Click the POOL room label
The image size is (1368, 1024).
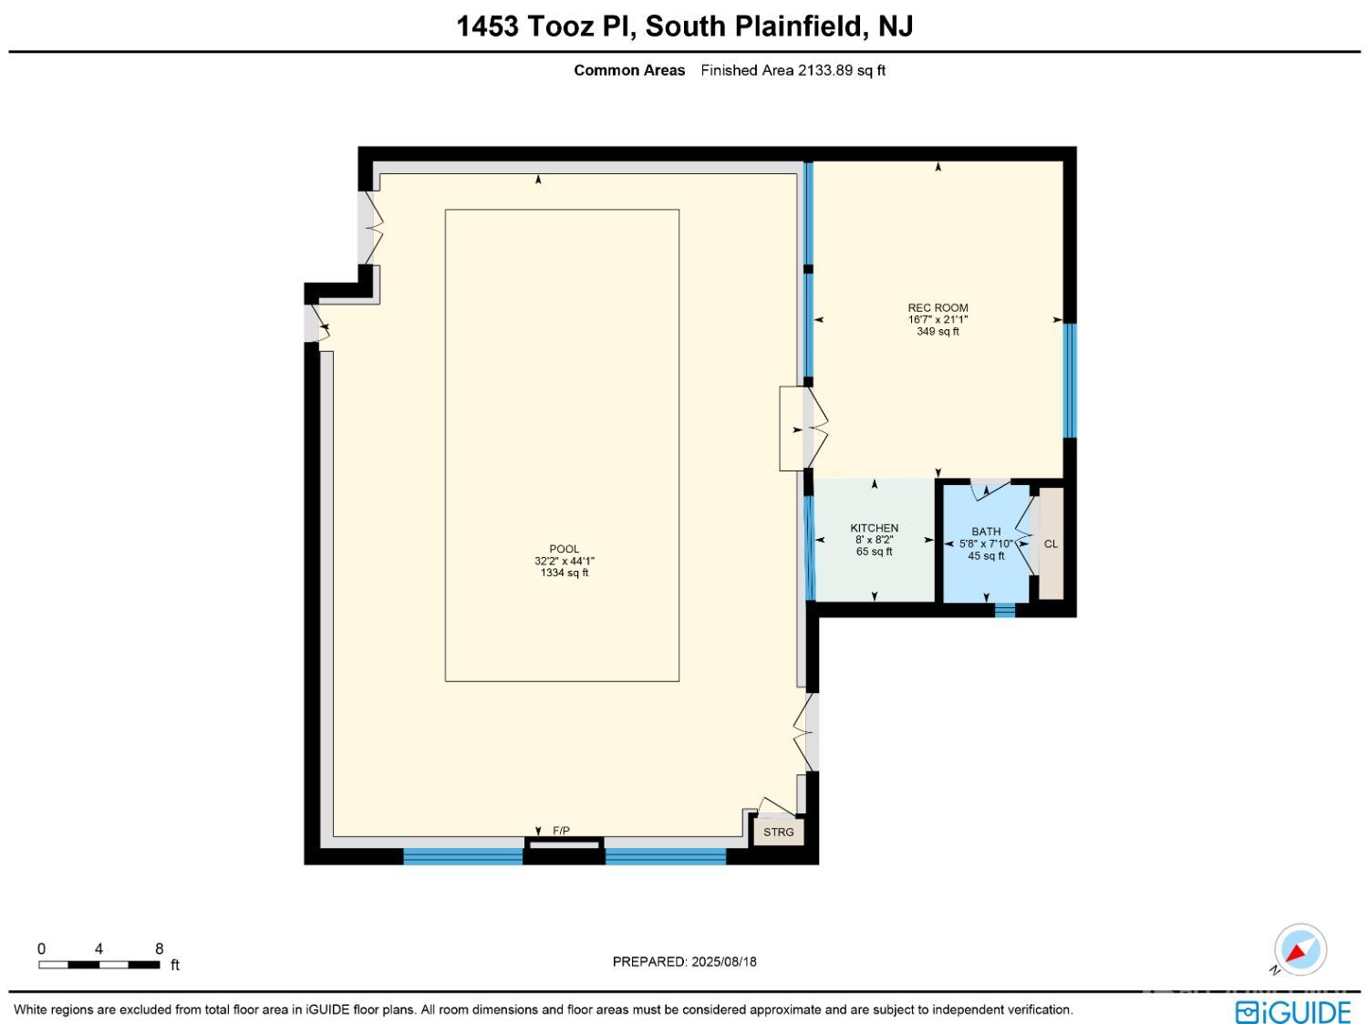click(x=564, y=549)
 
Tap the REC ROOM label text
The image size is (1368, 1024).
click(x=938, y=307)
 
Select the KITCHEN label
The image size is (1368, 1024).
click(x=874, y=528)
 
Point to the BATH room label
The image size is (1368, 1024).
click(x=985, y=532)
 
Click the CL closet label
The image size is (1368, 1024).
click(x=1050, y=543)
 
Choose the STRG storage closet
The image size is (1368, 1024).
click(x=779, y=833)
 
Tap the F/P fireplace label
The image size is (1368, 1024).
click(x=561, y=831)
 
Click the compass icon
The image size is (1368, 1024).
click(x=1300, y=950)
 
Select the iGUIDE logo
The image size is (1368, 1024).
click(x=1292, y=1011)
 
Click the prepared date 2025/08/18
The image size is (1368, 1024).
click(x=723, y=962)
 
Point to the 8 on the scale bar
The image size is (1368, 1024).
click(x=159, y=948)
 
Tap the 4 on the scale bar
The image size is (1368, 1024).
click(x=98, y=948)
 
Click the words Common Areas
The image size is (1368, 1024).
click(x=629, y=70)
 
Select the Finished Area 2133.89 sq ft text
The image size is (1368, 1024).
click(x=793, y=70)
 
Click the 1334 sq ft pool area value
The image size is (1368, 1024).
click(x=564, y=573)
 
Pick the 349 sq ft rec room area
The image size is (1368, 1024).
click(x=938, y=331)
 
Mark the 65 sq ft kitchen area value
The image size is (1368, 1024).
click(x=874, y=552)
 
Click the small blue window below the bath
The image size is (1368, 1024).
click(x=1005, y=610)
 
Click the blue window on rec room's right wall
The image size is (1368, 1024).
click(x=1070, y=380)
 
